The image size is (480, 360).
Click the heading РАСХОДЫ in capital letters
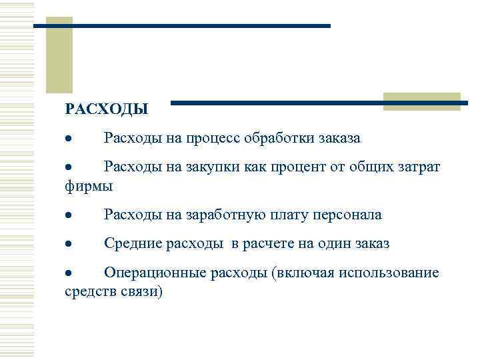(107, 108)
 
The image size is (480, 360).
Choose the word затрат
(415, 167)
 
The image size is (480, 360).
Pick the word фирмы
(89, 186)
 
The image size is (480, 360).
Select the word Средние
(131, 244)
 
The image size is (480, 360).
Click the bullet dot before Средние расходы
(68, 245)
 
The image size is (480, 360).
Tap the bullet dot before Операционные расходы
(68, 273)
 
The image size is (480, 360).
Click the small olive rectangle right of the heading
(423, 101)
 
